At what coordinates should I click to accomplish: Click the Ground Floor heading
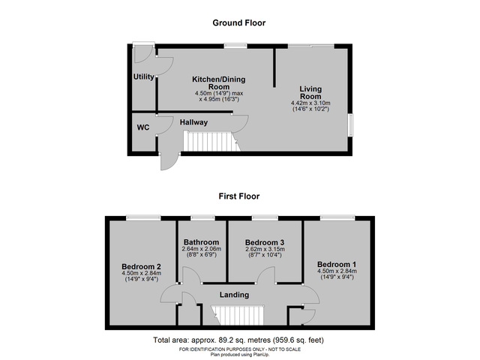click(238, 23)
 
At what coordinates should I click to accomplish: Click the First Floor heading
click(238, 196)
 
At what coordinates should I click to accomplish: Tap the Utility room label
click(143, 77)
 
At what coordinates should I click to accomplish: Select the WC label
click(142, 127)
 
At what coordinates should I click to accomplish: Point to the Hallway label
click(193, 122)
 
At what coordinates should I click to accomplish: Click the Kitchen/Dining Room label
click(218, 83)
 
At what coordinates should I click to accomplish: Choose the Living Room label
click(310, 92)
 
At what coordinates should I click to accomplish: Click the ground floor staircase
click(211, 141)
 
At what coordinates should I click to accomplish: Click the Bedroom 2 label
click(141, 266)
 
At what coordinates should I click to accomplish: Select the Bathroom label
click(201, 242)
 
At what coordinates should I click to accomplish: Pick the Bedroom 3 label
click(265, 242)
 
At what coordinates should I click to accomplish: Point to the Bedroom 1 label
click(336, 265)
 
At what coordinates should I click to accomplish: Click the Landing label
click(234, 295)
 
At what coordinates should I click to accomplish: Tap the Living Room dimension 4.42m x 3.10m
click(310, 104)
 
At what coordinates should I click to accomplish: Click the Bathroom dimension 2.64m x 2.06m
click(201, 249)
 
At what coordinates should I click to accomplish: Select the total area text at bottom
click(238, 340)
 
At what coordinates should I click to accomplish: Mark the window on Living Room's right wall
click(350, 125)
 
